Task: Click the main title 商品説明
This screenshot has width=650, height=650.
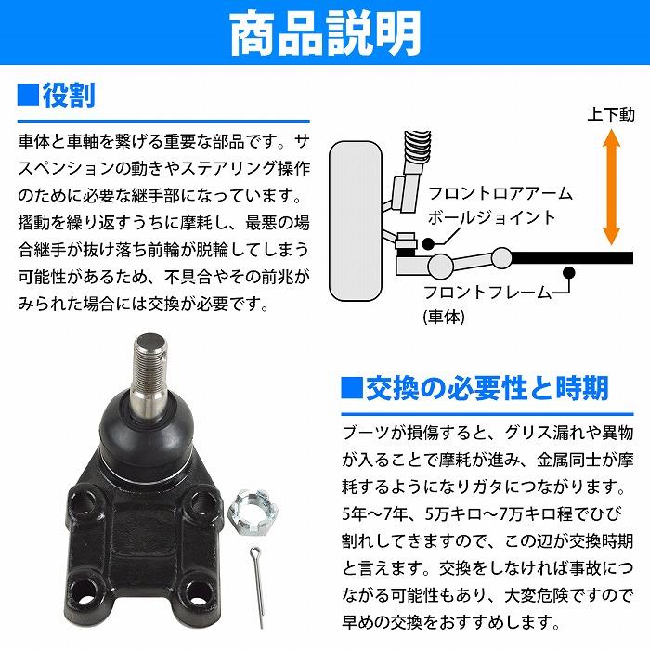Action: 325,34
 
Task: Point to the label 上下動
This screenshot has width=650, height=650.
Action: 611,116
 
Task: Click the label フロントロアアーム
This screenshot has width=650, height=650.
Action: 499,194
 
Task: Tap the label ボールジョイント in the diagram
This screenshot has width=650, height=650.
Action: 491,217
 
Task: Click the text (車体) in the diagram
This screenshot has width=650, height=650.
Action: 444,316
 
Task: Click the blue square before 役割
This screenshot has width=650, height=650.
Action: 27,95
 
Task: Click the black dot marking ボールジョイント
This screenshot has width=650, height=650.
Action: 428,242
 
